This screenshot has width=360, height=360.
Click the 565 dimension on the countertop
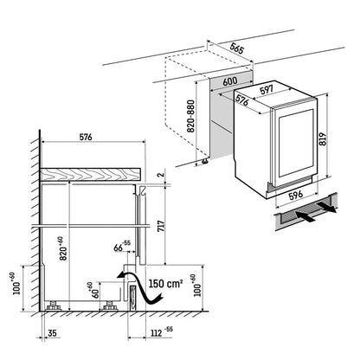237,48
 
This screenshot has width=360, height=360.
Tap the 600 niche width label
230,81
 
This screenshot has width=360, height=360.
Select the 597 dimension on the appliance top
267,89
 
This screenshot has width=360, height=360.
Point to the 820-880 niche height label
191,116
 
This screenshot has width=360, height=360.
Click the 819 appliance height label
323,139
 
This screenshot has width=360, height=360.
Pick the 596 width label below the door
296,195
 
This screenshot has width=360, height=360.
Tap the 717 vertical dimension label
161,226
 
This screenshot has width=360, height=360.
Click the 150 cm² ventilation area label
165,283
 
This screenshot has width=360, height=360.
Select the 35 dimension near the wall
52,333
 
